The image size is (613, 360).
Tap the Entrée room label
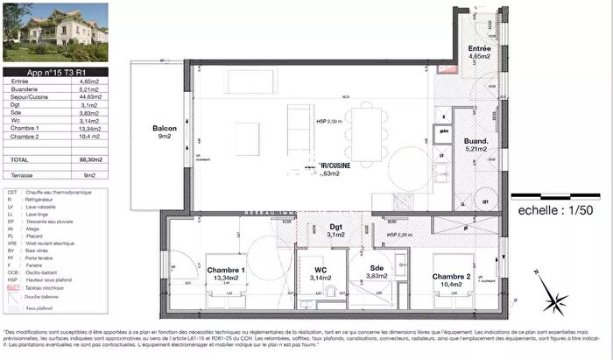point(478,50)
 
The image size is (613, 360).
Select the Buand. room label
point(475,144)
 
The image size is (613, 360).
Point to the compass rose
point(555,302)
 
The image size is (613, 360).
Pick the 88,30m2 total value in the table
point(91,160)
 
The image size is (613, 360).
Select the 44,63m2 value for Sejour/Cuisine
point(90,97)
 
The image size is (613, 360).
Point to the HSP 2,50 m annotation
point(328,123)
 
